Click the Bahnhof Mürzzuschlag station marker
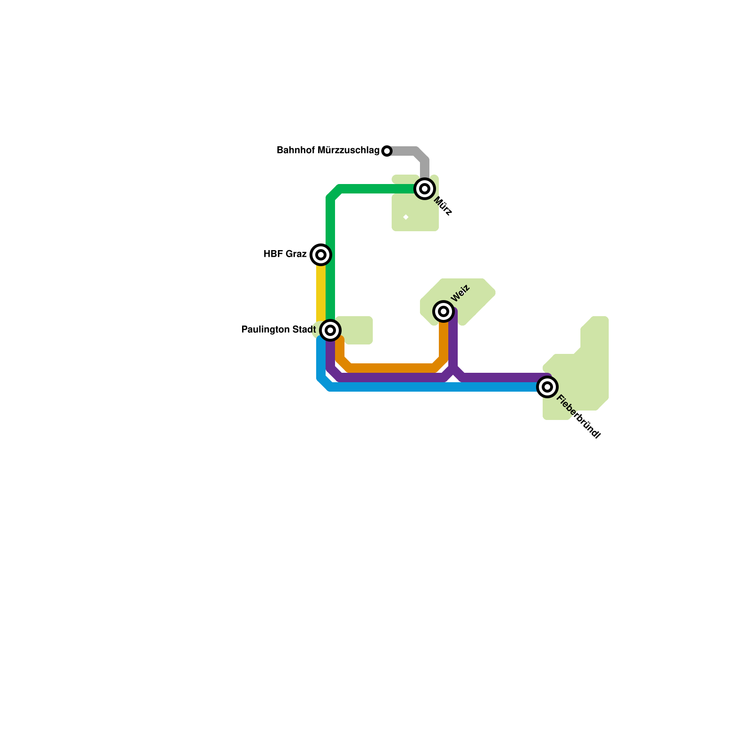pyautogui.click(x=387, y=151)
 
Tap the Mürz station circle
pyautogui.click(x=425, y=189)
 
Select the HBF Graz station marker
pyautogui.click(x=321, y=255)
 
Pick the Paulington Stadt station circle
pyautogui.click(x=330, y=330)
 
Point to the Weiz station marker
pyautogui.click(x=444, y=311)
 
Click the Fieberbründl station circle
pyautogui.click(x=547, y=387)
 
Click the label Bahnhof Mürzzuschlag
pyautogui.click(x=328, y=151)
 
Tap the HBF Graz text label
pyautogui.click(x=285, y=254)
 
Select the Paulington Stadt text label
pyautogui.click(x=278, y=330)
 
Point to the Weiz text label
pyautogui.click(x=460, y=293)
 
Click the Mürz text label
pyautogui.click(x=443, y=206)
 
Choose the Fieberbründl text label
pyautogui.click(x=578, y=417)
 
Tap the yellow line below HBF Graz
pyautogui.click(x=321, y=293)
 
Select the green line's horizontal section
pyautogui.click(x=377, y=189)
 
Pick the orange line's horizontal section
pyautogui.click(x=392, y=367)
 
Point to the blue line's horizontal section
pyautogui.click(x=425, y=387)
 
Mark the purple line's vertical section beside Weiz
pyautogui.click(x=453, y=340)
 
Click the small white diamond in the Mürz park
pyautogui.click(x=406, y=217)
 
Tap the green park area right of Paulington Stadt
pyautogui.click(x=356, y=330)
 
